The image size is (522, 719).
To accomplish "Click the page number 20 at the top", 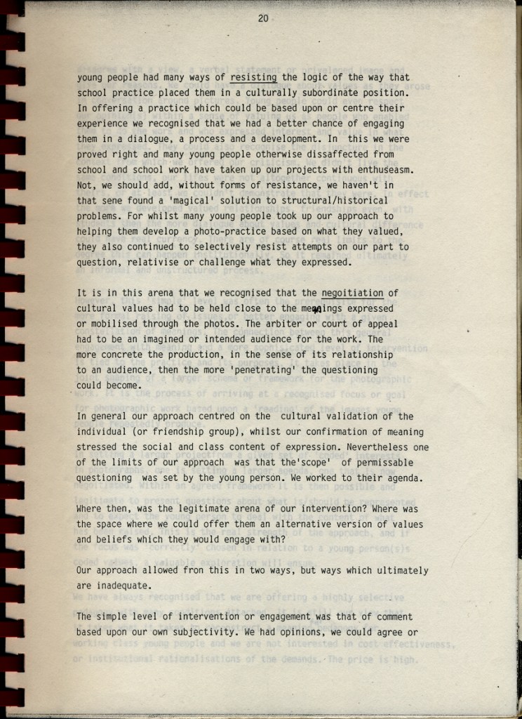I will (x=263, y=19).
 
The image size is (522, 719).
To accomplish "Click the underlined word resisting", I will (x=253, y=77).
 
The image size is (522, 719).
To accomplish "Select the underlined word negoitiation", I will (x=352, y=293).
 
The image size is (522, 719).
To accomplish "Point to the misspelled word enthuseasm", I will (x=385, y=169).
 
